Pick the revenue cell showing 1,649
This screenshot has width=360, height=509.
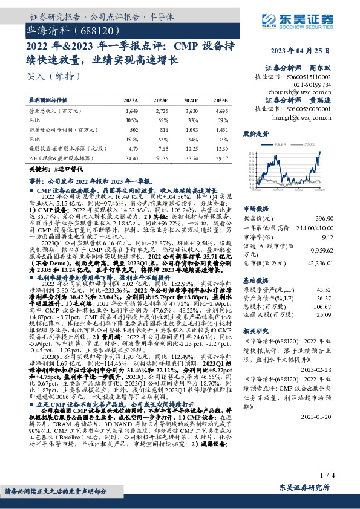coord(131,112)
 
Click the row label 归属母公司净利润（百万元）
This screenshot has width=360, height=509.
coord(61,129)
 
